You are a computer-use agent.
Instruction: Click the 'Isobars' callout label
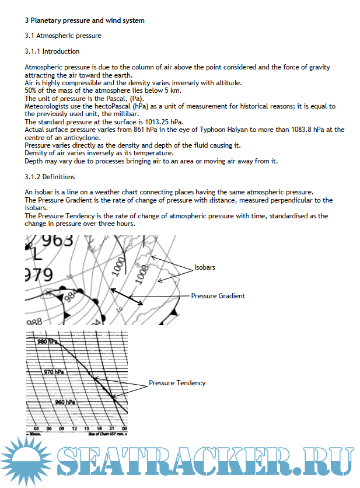click(205, 268)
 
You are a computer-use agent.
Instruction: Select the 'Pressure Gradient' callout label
click(218, 296)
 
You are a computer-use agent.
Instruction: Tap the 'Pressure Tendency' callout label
click(177, 383)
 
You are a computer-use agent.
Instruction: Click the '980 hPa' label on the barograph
click(47, 342)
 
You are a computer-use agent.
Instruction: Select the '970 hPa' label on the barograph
click(54, 372)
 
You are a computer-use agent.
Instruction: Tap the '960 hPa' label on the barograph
click(65, 402)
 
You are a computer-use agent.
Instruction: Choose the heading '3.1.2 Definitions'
click(50, 177)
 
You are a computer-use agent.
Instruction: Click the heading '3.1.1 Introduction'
click(52, 52)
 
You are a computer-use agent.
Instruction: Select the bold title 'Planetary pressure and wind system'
click(88, 20)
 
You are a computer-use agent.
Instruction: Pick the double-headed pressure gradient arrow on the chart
click(127, 296)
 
